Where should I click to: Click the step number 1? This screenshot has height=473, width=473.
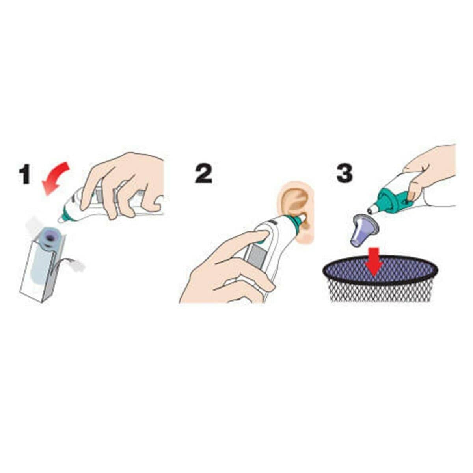[25, 174]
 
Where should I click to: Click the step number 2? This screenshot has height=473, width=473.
[203, 174]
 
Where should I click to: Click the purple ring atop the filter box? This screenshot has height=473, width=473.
[52, 237]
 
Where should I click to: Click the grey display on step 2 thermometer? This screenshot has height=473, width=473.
[256, 257]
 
